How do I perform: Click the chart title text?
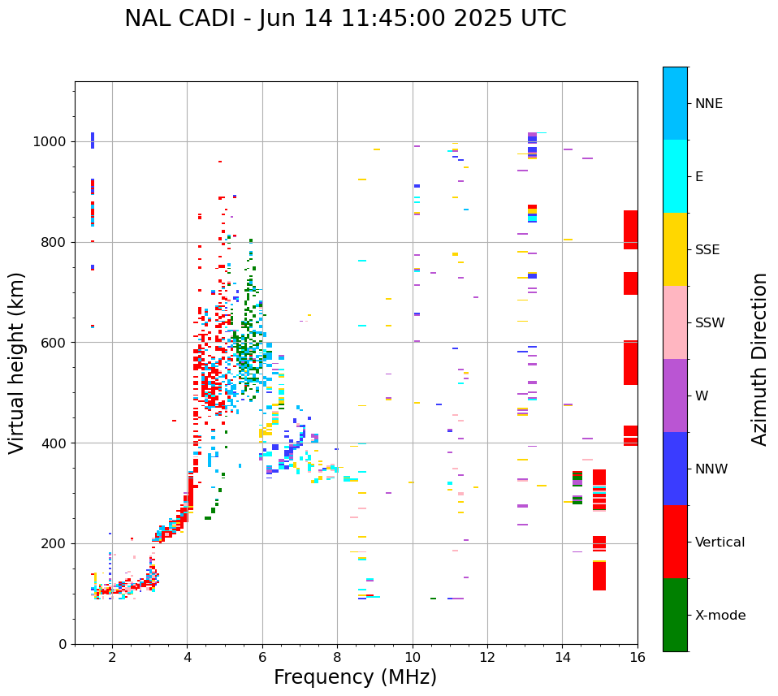(345, 19)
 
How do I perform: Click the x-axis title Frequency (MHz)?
(355, 677)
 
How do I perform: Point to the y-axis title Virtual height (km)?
(17, 362)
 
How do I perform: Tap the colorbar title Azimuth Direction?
(759, 359)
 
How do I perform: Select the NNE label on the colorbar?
(708, 104)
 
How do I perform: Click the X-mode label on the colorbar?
(720, 616)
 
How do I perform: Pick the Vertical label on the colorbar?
(720, 543)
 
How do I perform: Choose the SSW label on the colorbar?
(710, 323)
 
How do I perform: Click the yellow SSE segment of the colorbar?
(675, 249)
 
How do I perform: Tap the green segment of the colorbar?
(675, 615)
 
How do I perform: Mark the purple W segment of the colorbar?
(675, 396)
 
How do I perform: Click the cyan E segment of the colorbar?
(675, 175)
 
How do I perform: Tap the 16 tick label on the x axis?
(638, 658)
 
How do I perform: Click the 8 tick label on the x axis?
(337, 658)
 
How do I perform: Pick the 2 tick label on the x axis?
(112, 658)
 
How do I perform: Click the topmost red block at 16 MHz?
(630, 230)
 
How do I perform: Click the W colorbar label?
(702, 396)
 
